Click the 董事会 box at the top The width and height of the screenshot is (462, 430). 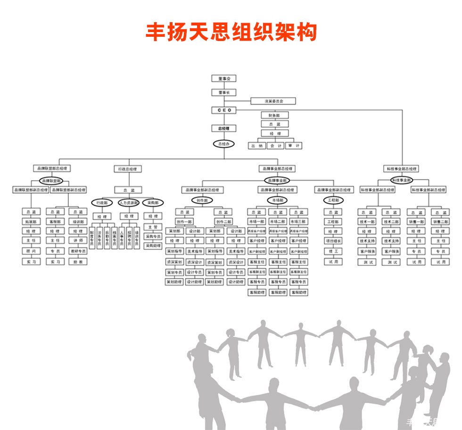[223, 79]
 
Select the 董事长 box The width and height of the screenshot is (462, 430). [223, 93]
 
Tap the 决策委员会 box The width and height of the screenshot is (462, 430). [273, 101]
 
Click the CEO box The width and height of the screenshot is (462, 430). [223, 110]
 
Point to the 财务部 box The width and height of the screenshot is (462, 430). [274, 115]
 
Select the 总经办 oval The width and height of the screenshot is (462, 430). [223, 144]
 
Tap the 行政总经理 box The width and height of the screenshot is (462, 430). [127, 169]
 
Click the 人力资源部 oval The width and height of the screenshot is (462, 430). [128, 203]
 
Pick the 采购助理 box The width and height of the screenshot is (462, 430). [152, 246]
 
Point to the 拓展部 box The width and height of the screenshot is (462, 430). [31, 222]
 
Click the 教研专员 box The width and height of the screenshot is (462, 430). [78, 251]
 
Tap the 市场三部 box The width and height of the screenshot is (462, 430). [298, 222]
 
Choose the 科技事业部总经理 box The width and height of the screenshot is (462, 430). [402, 169]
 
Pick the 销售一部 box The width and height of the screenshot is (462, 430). [416, 222]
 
